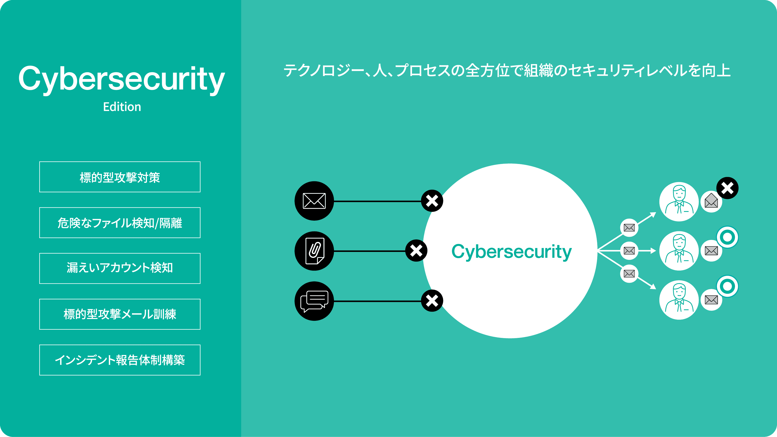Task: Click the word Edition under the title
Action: [x=122, y=107]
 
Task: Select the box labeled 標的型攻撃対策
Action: [x=120, y=177]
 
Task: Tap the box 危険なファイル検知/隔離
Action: [x=120, y=223]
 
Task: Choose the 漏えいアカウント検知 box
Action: [x=120, y=268]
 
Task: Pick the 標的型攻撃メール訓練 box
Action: [x=120, y=314]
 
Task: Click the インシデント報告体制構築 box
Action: [x=120, y=360]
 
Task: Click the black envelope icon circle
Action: [x=314, y=201]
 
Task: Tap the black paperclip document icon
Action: [x=314, y=251]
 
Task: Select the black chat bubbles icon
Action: [x=314, y=301]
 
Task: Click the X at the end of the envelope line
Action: [x=432, y=201]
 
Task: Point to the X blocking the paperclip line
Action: [x=416, y=250]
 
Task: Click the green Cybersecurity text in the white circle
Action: [x=511, y=252]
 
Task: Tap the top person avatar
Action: [x=679, y=201]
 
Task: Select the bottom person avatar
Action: [x=679, y=300]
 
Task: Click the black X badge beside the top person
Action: [x=727, y=188]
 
